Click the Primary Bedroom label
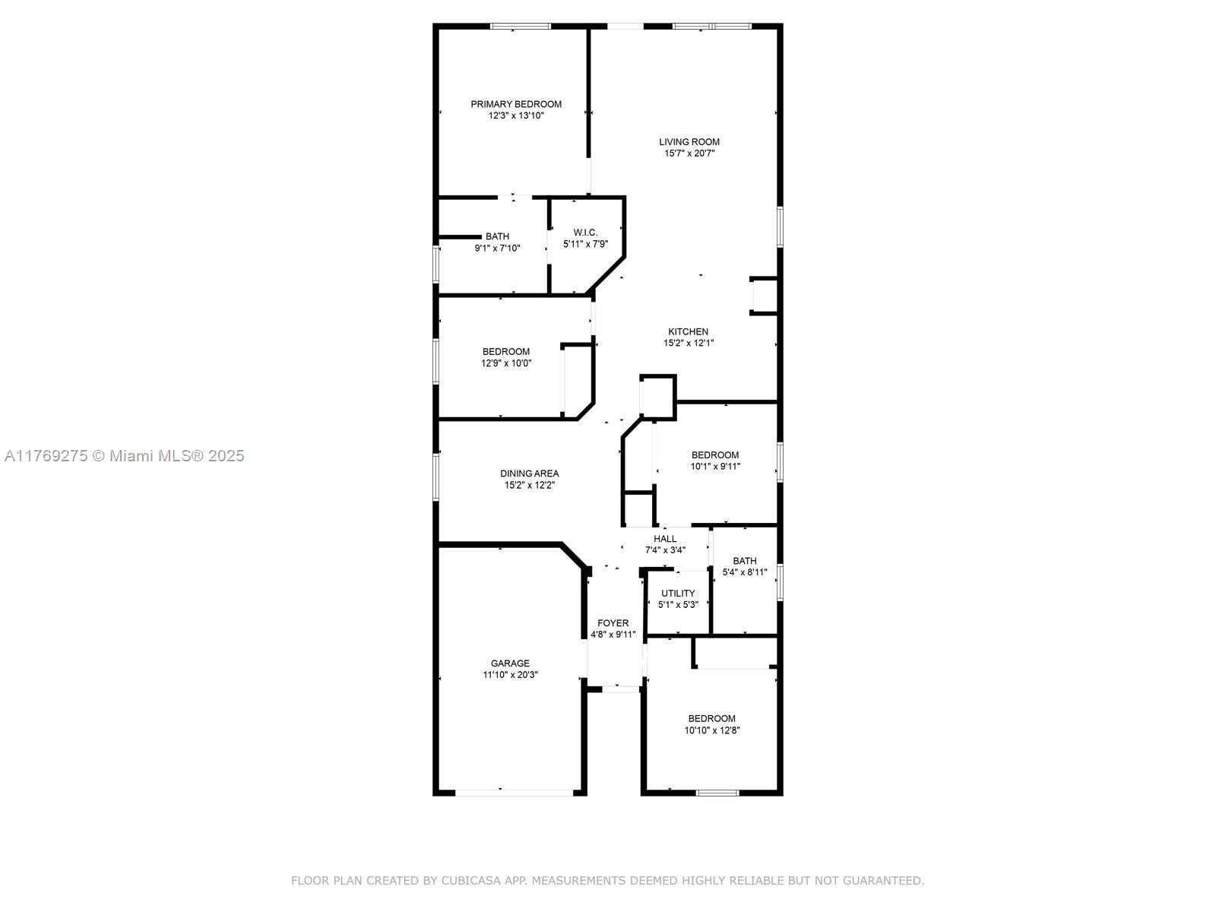516,104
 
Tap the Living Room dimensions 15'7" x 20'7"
689,154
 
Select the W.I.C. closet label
585,233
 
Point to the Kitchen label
688,331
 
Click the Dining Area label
529,473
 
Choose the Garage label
510,663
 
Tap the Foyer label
613,623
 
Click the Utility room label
677,593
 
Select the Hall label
665,539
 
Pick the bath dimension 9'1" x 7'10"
497,248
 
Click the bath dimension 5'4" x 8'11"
745,572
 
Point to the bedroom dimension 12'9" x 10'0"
506,363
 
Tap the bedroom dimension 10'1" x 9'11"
714,466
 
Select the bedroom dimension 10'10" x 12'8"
712,730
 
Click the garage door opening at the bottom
514,793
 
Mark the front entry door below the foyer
621,689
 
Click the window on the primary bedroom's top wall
520,26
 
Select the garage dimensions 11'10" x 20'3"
510,675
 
